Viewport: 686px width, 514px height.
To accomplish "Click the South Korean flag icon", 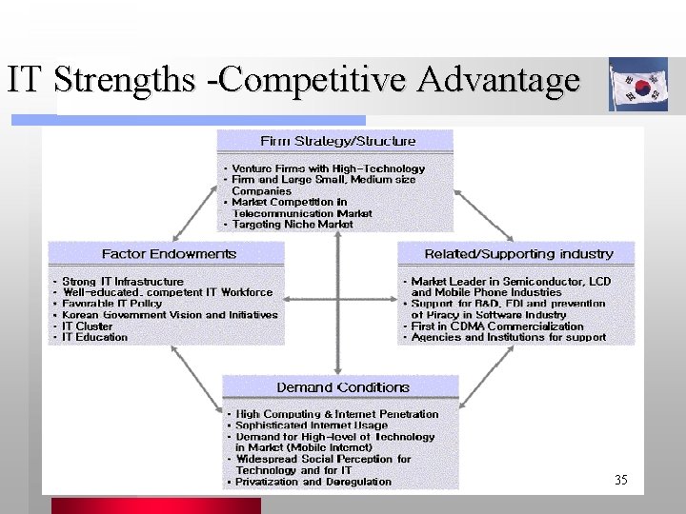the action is (639, 85).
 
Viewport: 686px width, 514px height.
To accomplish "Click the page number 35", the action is (621, 480).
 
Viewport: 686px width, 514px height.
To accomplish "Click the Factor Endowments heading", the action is (169, 254).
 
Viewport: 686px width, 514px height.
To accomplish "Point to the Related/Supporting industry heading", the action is (518, 254).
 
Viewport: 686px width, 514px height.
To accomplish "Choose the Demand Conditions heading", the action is (342, 387).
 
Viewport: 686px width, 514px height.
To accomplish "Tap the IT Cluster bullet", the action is (87, 326).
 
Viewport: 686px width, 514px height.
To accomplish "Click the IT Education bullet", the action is (94, 337).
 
